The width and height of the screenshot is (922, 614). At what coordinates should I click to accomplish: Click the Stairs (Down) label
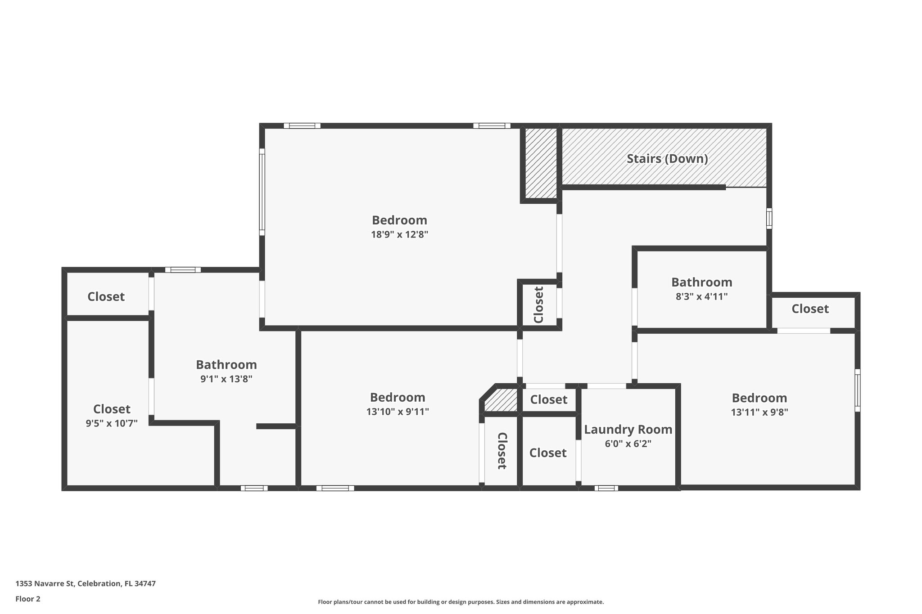(667, 159)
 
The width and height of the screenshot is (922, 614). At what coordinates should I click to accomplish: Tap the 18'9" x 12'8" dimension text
(399, 234)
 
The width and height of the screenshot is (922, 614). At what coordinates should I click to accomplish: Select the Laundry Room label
(628, 430)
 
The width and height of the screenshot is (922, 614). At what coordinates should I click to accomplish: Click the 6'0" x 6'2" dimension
(628, 444)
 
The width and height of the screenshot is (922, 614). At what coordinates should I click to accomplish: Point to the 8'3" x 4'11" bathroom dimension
(701, 296)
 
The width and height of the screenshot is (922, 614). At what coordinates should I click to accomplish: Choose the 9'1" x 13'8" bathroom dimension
(226, 379)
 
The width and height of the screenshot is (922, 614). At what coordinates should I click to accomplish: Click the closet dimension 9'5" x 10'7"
(112, 423)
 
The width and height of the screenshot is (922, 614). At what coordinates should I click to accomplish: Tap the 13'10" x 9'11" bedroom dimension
(398, 412)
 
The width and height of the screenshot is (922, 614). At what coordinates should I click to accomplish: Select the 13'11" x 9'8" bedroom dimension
(759, 412)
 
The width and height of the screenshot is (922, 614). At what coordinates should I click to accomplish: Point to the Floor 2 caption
(28, 599)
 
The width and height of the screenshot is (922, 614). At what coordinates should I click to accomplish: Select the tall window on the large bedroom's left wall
(262, 192)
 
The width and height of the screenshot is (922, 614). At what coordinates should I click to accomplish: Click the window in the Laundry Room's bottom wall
(606, 488)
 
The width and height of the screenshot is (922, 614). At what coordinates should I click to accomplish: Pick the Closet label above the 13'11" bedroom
(810, 309)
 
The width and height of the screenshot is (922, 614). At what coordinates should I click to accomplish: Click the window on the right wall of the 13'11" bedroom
(857, 390)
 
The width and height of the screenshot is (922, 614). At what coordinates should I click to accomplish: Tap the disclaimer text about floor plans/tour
(461, 602)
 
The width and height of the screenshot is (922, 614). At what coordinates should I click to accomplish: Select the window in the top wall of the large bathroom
(183, 270)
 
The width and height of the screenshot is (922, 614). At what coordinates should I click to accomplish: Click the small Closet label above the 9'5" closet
(106, 297)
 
